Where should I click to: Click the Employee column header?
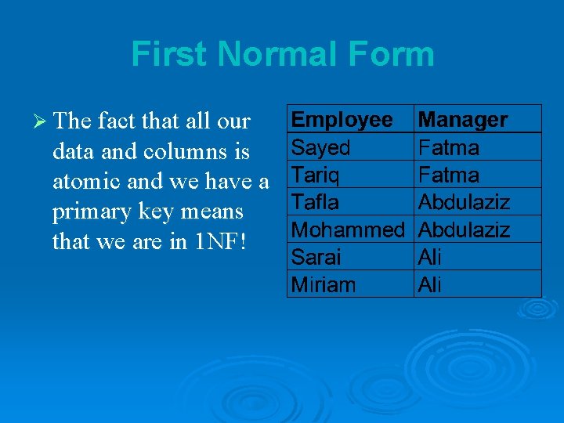coord(342,120)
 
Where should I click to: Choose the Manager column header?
coord(463,120)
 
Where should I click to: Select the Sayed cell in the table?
coord(320,147)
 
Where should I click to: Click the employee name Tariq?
coord(315,175)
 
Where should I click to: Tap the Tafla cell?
coord(315,202)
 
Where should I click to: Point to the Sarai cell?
coord(316,257)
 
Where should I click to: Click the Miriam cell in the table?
coord(323,284)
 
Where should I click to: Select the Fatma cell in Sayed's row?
coord(449,147)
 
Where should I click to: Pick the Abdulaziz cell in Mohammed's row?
coord(464,230)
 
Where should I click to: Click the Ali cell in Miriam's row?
coord(430,284)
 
